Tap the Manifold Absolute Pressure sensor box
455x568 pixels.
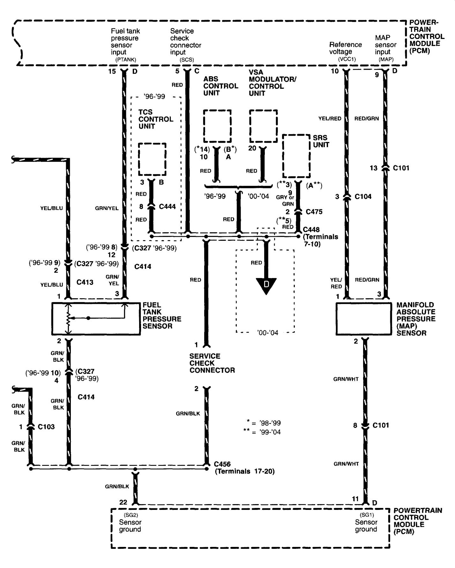tap(363, 319)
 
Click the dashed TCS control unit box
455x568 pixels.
tap(152, 159)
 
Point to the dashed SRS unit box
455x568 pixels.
tap(296, 156)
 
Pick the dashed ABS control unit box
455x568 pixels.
tap(217, 126)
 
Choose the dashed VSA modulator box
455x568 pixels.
tap(263, 126)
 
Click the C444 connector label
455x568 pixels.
tap(167, 207)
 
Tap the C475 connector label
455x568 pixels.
tap(314, 212)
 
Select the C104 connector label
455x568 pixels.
tap(363, 196)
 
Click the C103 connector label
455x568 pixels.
tap(46, 427)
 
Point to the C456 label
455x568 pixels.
tap(222, 464)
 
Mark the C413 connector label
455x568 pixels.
tap(85, 282)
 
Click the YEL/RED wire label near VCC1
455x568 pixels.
tap(330, 118)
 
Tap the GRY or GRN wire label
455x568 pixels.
tap(285, 201)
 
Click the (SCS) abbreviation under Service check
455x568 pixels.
tap(186, 60)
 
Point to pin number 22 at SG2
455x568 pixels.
tap(123, 502)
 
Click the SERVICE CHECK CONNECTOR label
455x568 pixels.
tap(212, 363)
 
